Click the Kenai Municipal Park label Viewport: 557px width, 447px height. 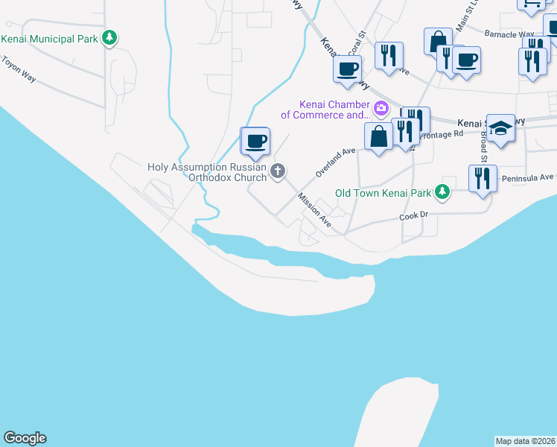coord(51,38)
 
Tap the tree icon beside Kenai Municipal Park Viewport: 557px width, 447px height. coord(110,37)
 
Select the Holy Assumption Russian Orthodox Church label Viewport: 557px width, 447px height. coord(207,172)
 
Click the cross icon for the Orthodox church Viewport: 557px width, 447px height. coord(278,172)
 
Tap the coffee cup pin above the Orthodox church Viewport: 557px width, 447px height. coord(255,142)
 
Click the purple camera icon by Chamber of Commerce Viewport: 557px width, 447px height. coord(381,110)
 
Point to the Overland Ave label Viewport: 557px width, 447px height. coord(331,162)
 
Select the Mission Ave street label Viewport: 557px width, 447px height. coord(313,209)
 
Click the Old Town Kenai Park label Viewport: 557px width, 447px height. coord(383,193)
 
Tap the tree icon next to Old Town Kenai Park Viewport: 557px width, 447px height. coord(442,192)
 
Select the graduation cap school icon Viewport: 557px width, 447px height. coord(501,127)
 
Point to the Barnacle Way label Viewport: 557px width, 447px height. coord(509,34)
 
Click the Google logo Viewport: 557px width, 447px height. coord(25,438)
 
